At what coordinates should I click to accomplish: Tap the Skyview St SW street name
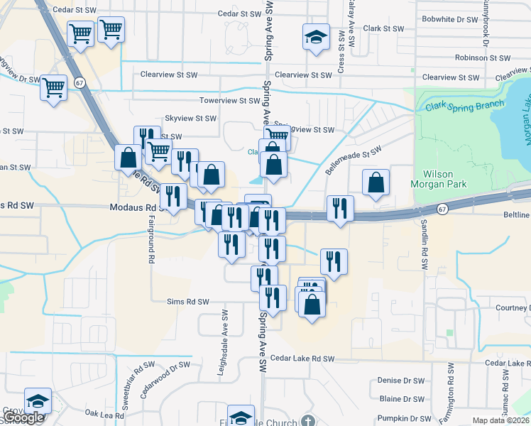190,119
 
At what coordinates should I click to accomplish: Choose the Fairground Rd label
151,246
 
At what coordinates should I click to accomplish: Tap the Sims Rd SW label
187,301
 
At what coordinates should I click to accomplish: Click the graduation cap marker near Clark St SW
316,37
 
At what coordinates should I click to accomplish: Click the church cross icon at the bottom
307,421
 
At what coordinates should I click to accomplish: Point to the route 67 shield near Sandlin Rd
442,209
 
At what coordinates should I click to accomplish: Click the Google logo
23,417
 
